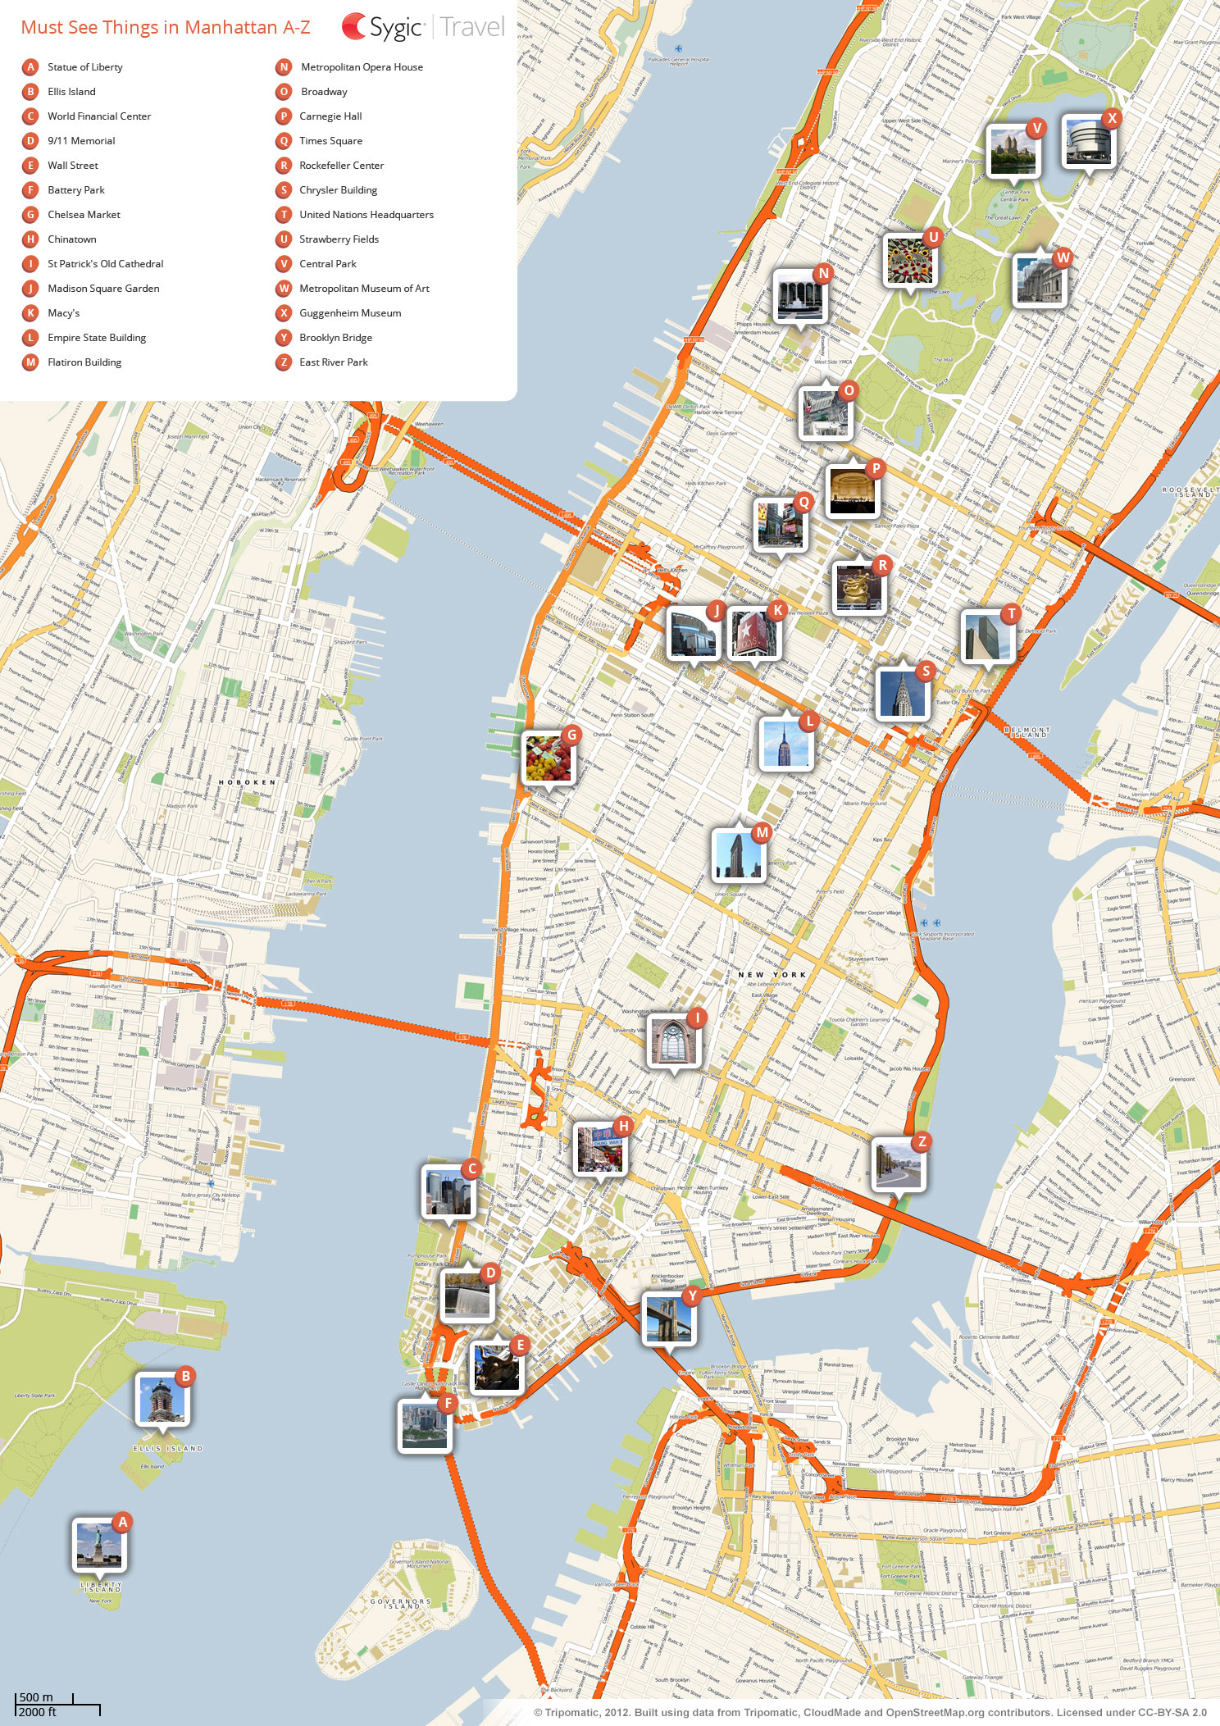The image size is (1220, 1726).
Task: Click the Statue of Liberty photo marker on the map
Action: coord(99,1545)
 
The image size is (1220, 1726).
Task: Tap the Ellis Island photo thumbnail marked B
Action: coord(162,1400)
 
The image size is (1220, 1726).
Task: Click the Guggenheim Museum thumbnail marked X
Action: coord(1088,142)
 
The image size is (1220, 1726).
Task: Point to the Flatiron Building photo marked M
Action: coord(739,855)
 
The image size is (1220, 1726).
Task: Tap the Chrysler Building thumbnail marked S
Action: coord(902,693)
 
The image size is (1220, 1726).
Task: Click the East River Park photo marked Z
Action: coord(898,1164)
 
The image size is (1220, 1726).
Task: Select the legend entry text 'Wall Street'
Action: coord(72,166)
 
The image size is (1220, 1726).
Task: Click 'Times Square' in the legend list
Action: coord(330,141)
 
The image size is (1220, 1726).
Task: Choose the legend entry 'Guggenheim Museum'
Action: coord(350,313)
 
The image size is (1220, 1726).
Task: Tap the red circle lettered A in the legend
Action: coord(30,67)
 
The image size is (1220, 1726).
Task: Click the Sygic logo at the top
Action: coord(383,27)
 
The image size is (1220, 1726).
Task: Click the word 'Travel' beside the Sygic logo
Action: coord(471,27)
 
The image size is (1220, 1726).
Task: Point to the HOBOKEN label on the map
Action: coord(247,782)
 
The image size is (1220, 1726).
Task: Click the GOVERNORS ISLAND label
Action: coord(400,1603)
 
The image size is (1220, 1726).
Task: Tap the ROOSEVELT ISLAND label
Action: coord(1186,492)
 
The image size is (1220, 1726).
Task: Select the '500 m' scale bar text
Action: coord(36,1697)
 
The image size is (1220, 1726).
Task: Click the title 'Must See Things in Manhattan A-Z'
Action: coord(166,27)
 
